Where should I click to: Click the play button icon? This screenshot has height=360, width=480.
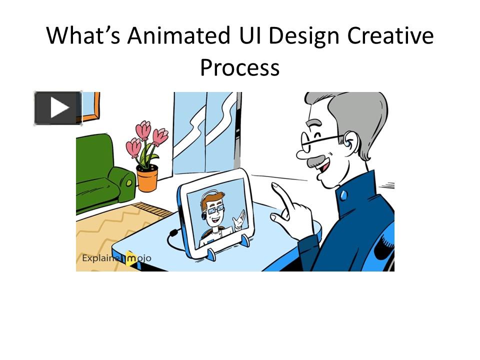pos(58,107)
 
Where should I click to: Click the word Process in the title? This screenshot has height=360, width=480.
pos(239,67)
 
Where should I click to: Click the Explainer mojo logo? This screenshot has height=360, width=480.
pos(116,258)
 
